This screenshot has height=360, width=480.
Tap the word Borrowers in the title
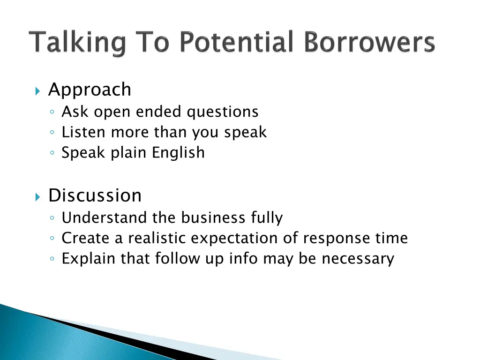[x=369, y=42]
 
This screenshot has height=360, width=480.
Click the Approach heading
[x=90, y=90]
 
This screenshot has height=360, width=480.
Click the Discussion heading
[x=95, y=195]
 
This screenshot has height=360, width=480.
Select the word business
[x=213, y=218]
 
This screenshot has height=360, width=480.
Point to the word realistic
[x=157, y=238]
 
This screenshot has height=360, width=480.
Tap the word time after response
[x=392, y=238]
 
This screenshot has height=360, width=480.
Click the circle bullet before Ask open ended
[x=53, y=112]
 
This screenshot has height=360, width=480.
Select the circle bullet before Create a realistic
[x=53, y=239]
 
